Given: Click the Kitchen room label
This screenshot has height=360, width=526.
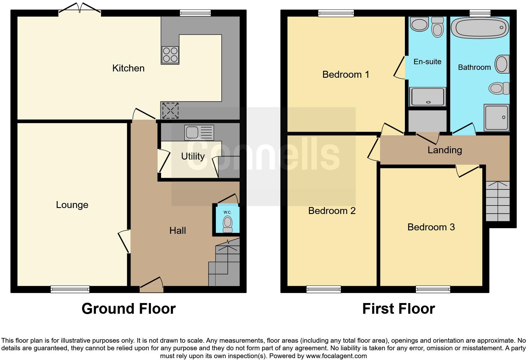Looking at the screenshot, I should pyautogui.click(x=128, y=68).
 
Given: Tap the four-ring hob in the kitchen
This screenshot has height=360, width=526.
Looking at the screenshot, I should pyautogui.click(x=170, y=55).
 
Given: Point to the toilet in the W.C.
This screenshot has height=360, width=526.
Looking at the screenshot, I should pyautogui.click(x=227, y=224).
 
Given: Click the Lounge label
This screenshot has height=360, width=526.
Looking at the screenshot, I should pyautogui.click(x=72, y=205).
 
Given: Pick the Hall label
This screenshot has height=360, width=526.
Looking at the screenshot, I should pyautogui.click(x=177, y=231).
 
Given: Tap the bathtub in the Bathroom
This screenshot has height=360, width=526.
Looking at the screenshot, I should pyautogui.click(x=479, y=28).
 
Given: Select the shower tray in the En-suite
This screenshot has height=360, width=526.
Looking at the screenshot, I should pyautogui.click(x=428, y=96).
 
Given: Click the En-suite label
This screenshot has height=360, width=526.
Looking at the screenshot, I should pyautogui.click(x=427, y=62).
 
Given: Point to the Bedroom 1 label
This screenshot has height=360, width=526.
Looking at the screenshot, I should pyautogui.click(x=345, y=75).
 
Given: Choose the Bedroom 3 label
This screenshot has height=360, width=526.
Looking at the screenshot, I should pyautogui.click(x=431, y=227).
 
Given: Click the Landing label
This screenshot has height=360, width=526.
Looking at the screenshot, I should pyautogui.click(x=445, y=150).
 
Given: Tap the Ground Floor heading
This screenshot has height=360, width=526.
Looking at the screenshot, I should pyautogui.click(x=128, y=309).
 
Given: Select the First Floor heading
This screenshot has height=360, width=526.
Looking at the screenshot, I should pyautogui.click(x=398, y=309).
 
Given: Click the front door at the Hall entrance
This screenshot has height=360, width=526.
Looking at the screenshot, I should pyautogui.click(x=151, y=284).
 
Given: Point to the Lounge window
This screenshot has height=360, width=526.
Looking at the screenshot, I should pyautogui.click(x=70, y=289).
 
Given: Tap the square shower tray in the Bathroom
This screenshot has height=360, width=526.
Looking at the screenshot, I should pyautogui.click(x=496, y=117).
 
